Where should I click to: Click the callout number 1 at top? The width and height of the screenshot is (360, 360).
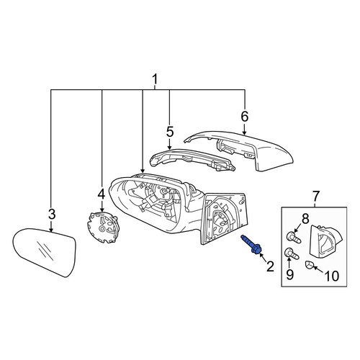coord(156,79)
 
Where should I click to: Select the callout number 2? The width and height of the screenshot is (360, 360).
coord(270,266)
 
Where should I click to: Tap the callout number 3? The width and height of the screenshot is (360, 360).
coord(52,214)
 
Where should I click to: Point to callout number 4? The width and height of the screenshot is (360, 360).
coord(101,194)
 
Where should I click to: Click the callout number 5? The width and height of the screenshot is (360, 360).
coord(169,132)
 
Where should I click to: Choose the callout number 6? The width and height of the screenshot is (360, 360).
coord(244,117)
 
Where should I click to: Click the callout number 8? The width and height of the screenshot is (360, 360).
coord(305,219)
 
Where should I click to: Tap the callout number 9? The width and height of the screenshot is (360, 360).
coord(289,274)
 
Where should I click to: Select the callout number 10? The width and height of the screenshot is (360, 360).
coord(331,276)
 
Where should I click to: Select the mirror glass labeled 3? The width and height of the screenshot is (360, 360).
coord(45,252)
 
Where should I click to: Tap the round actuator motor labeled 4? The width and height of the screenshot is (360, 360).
coord(102,226)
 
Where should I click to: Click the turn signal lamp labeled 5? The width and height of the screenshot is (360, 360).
coord(192,160)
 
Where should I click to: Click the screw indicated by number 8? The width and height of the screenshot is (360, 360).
coord(294,238)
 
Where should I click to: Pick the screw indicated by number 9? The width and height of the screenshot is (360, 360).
coord(292,254)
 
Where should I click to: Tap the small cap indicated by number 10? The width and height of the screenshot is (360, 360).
coord(309,266)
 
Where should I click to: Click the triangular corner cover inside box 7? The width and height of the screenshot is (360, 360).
coord(325,240)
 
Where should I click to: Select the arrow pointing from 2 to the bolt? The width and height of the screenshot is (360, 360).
coord(263,258)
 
